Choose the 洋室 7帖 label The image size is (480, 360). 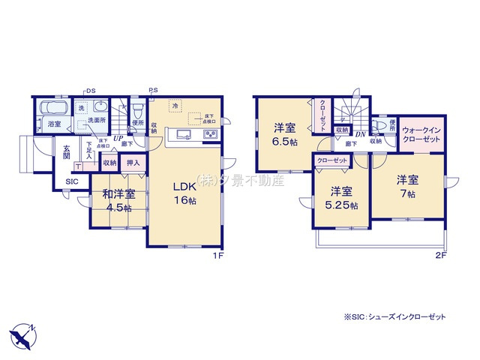coord(407,186)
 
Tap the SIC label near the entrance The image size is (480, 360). coord(71,181)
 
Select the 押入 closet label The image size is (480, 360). coord(133,162)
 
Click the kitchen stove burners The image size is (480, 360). coord(209,135)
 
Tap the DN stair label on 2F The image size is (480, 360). coord(361,135)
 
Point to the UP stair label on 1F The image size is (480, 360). coord(118,138)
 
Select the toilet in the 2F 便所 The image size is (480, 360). coord(379,124)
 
